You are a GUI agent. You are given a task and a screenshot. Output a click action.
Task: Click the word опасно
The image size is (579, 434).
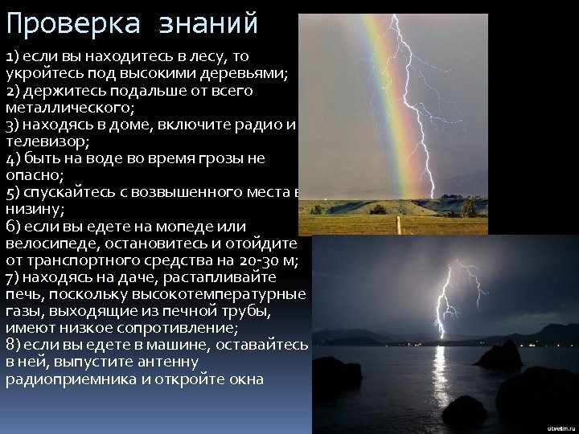31,175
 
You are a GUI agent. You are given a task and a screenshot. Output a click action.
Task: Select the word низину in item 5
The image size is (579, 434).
31,209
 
